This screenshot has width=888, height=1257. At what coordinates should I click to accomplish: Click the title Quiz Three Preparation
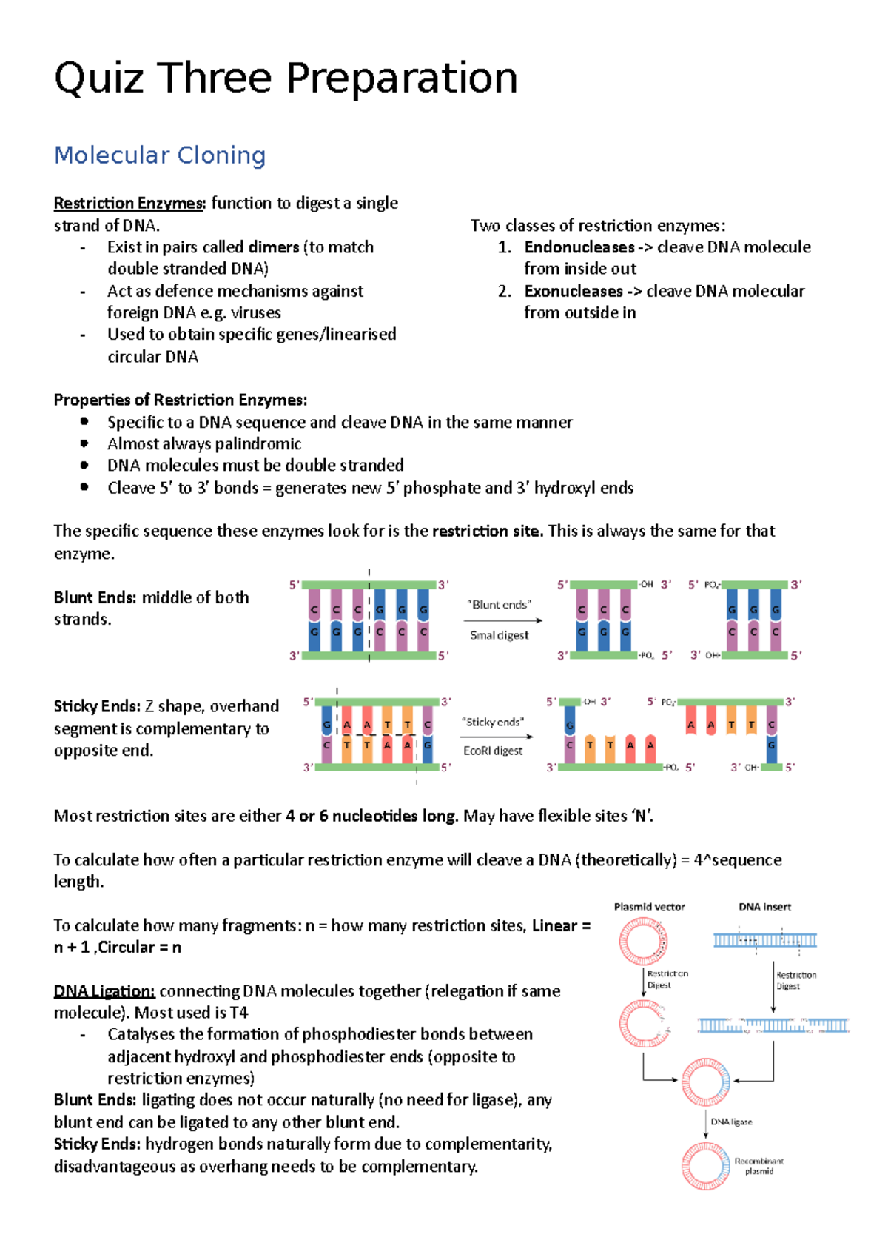click(286, 78)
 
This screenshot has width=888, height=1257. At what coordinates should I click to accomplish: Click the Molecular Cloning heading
click(160, 155)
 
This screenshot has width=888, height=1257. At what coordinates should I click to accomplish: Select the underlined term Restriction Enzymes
click(128, 203)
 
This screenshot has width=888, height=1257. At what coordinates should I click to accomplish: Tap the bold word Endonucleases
click(579, 247)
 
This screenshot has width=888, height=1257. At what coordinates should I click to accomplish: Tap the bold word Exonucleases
click(573, 291)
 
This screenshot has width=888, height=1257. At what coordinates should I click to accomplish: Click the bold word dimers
click(270, 247)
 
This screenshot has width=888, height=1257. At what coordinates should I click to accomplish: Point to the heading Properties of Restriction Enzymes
click(180, 400)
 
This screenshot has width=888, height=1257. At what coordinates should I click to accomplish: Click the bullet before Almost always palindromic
click(84, 443)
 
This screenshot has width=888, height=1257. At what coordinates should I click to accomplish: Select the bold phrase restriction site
click(487, 531)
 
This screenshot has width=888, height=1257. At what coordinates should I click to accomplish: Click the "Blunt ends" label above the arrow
click(499, 605)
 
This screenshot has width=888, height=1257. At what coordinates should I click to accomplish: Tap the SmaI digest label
click(499, 635)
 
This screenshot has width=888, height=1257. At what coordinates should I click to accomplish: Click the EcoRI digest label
click(492, 751)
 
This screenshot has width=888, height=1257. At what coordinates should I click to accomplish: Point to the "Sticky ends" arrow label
click(492, 722)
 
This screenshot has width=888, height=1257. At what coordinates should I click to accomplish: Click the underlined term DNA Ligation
click(104, 991)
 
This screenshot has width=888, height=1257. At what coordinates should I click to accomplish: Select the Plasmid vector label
click(649, 907)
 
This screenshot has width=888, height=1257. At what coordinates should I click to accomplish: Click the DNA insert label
click(764, 907)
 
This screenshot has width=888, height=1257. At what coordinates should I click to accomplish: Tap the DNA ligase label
click(731, 1122)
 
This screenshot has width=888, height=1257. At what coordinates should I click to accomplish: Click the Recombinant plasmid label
click(758, 1166)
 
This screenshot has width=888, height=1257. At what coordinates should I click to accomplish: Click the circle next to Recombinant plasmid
click(705, 1166)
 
